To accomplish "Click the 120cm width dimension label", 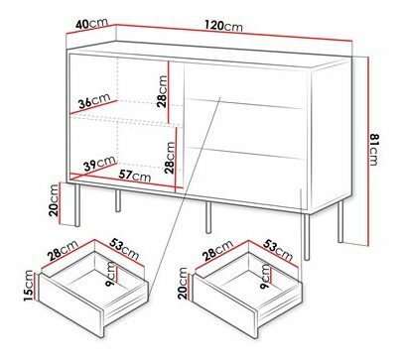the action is point(223,26).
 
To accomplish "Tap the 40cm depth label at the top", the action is point(91,24).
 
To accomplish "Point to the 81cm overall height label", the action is point(374,149).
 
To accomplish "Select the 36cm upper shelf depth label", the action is point(94,101).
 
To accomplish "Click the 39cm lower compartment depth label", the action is point(99,164).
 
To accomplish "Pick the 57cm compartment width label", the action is point(135,175).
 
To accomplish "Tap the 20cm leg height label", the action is point(54,200).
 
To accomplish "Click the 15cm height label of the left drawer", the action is point(29,286).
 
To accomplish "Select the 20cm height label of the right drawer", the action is point(183,283).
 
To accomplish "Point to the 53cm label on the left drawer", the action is point(124,249).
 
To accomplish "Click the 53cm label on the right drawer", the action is point(278,250).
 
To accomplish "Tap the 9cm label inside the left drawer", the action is point(110,274).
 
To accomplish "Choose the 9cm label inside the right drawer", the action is point(265,277).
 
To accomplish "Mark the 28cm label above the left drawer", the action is point(63,250).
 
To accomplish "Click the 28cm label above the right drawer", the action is point(217,251).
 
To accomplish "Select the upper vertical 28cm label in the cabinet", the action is point(162,91).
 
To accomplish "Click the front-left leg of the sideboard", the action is point(77,205).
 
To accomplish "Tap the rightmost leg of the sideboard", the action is point(340,221).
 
